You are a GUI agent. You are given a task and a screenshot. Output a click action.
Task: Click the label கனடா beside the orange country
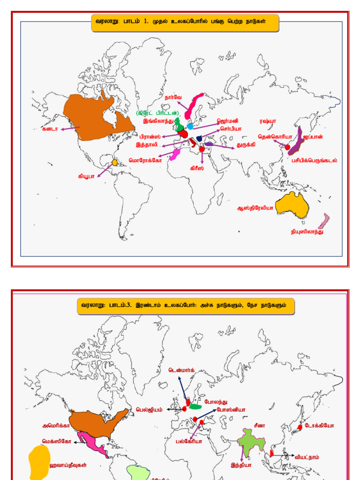[50, 128]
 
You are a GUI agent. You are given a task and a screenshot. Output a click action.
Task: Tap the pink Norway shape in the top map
[193, 105]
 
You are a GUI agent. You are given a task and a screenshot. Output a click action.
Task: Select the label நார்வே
[173, 97]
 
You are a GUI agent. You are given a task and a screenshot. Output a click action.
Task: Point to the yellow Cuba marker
[115, 163]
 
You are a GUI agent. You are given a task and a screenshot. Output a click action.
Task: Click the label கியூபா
[87, 177]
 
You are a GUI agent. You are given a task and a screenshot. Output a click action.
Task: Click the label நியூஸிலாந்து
[307, 232]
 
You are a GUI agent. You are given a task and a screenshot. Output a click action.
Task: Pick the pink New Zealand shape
[323, 221]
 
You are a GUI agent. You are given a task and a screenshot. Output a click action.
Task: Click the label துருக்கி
[246, 145]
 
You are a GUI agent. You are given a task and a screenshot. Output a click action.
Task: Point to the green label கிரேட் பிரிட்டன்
[158, 113]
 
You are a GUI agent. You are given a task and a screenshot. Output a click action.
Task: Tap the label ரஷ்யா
[268, 121]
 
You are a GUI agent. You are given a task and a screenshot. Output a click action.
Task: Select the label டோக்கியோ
[319, 426]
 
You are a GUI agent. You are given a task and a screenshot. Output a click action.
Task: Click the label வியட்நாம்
[307, 456]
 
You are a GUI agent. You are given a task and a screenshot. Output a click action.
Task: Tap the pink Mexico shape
[91, 443]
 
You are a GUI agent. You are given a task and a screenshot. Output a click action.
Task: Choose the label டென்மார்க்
[182, 370]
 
